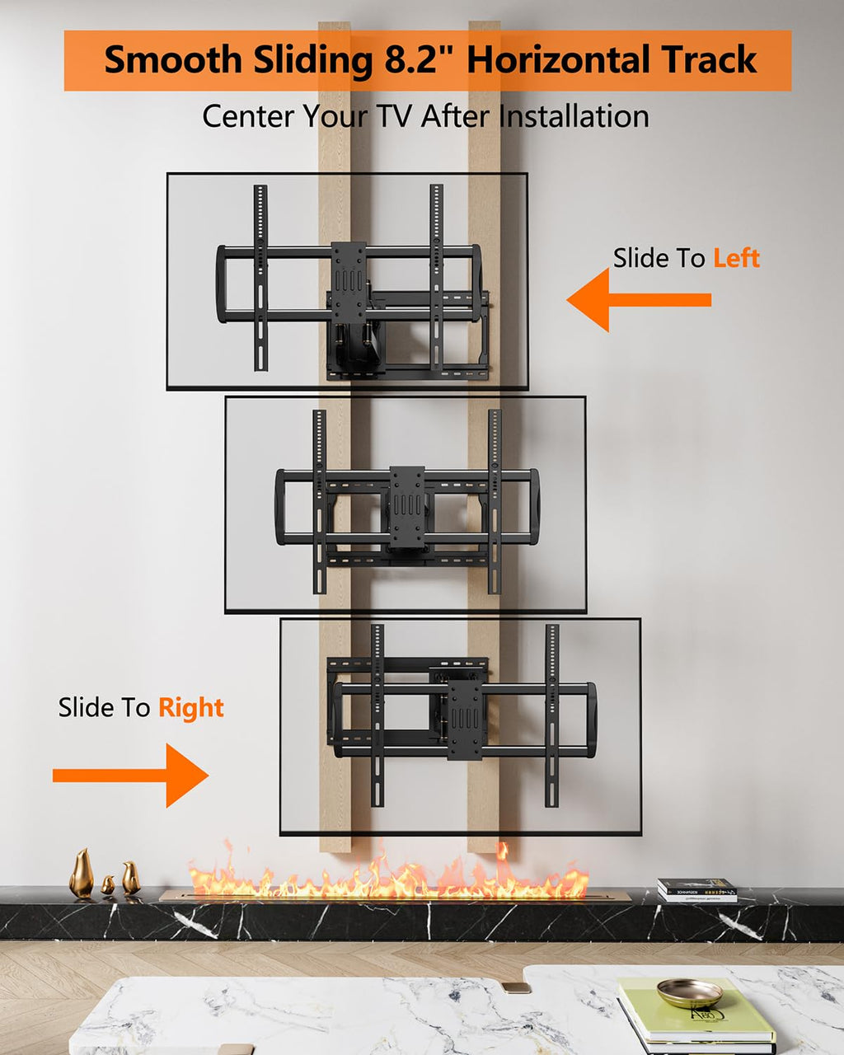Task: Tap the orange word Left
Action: coord(736,258)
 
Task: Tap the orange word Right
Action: coord(190,708)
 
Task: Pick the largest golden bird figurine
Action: coord(81,874)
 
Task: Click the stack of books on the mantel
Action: coord(697,890)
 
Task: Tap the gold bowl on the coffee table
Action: coord(690,992)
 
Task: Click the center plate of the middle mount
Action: coord(407,507)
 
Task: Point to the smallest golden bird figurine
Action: coord(107,885)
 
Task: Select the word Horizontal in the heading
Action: coord(551,60)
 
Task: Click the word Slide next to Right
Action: coord(104,708)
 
